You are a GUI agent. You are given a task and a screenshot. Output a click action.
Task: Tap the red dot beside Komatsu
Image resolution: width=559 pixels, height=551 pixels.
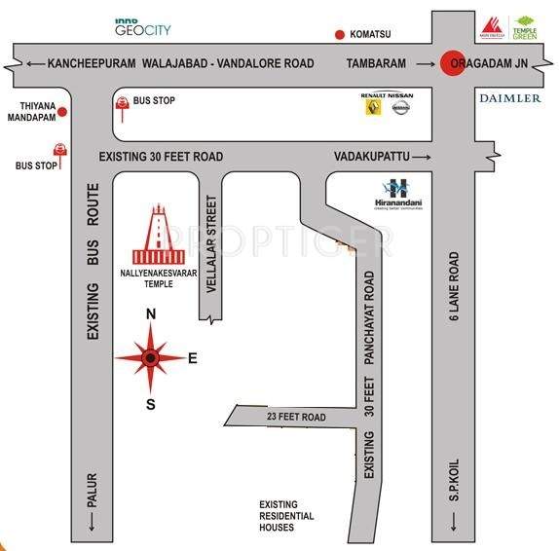pos(340,36)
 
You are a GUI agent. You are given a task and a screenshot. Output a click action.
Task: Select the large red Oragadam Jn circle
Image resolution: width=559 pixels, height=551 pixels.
pos(453,63)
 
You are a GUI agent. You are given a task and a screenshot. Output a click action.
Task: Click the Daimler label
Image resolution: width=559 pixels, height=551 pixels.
pos(509,98)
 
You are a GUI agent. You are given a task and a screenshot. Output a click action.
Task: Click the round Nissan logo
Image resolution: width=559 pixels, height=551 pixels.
pos(400,107)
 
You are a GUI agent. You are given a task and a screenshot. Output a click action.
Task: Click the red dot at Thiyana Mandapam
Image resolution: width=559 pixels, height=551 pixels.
pos(62,112)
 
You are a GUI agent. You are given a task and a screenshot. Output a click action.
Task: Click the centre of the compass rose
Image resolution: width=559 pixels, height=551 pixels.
pos(150,358)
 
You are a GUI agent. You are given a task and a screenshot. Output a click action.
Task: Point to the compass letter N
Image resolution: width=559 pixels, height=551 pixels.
pos(150,313)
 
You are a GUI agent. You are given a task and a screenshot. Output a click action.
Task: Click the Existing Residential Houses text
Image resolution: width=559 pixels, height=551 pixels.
pos(285,515)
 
